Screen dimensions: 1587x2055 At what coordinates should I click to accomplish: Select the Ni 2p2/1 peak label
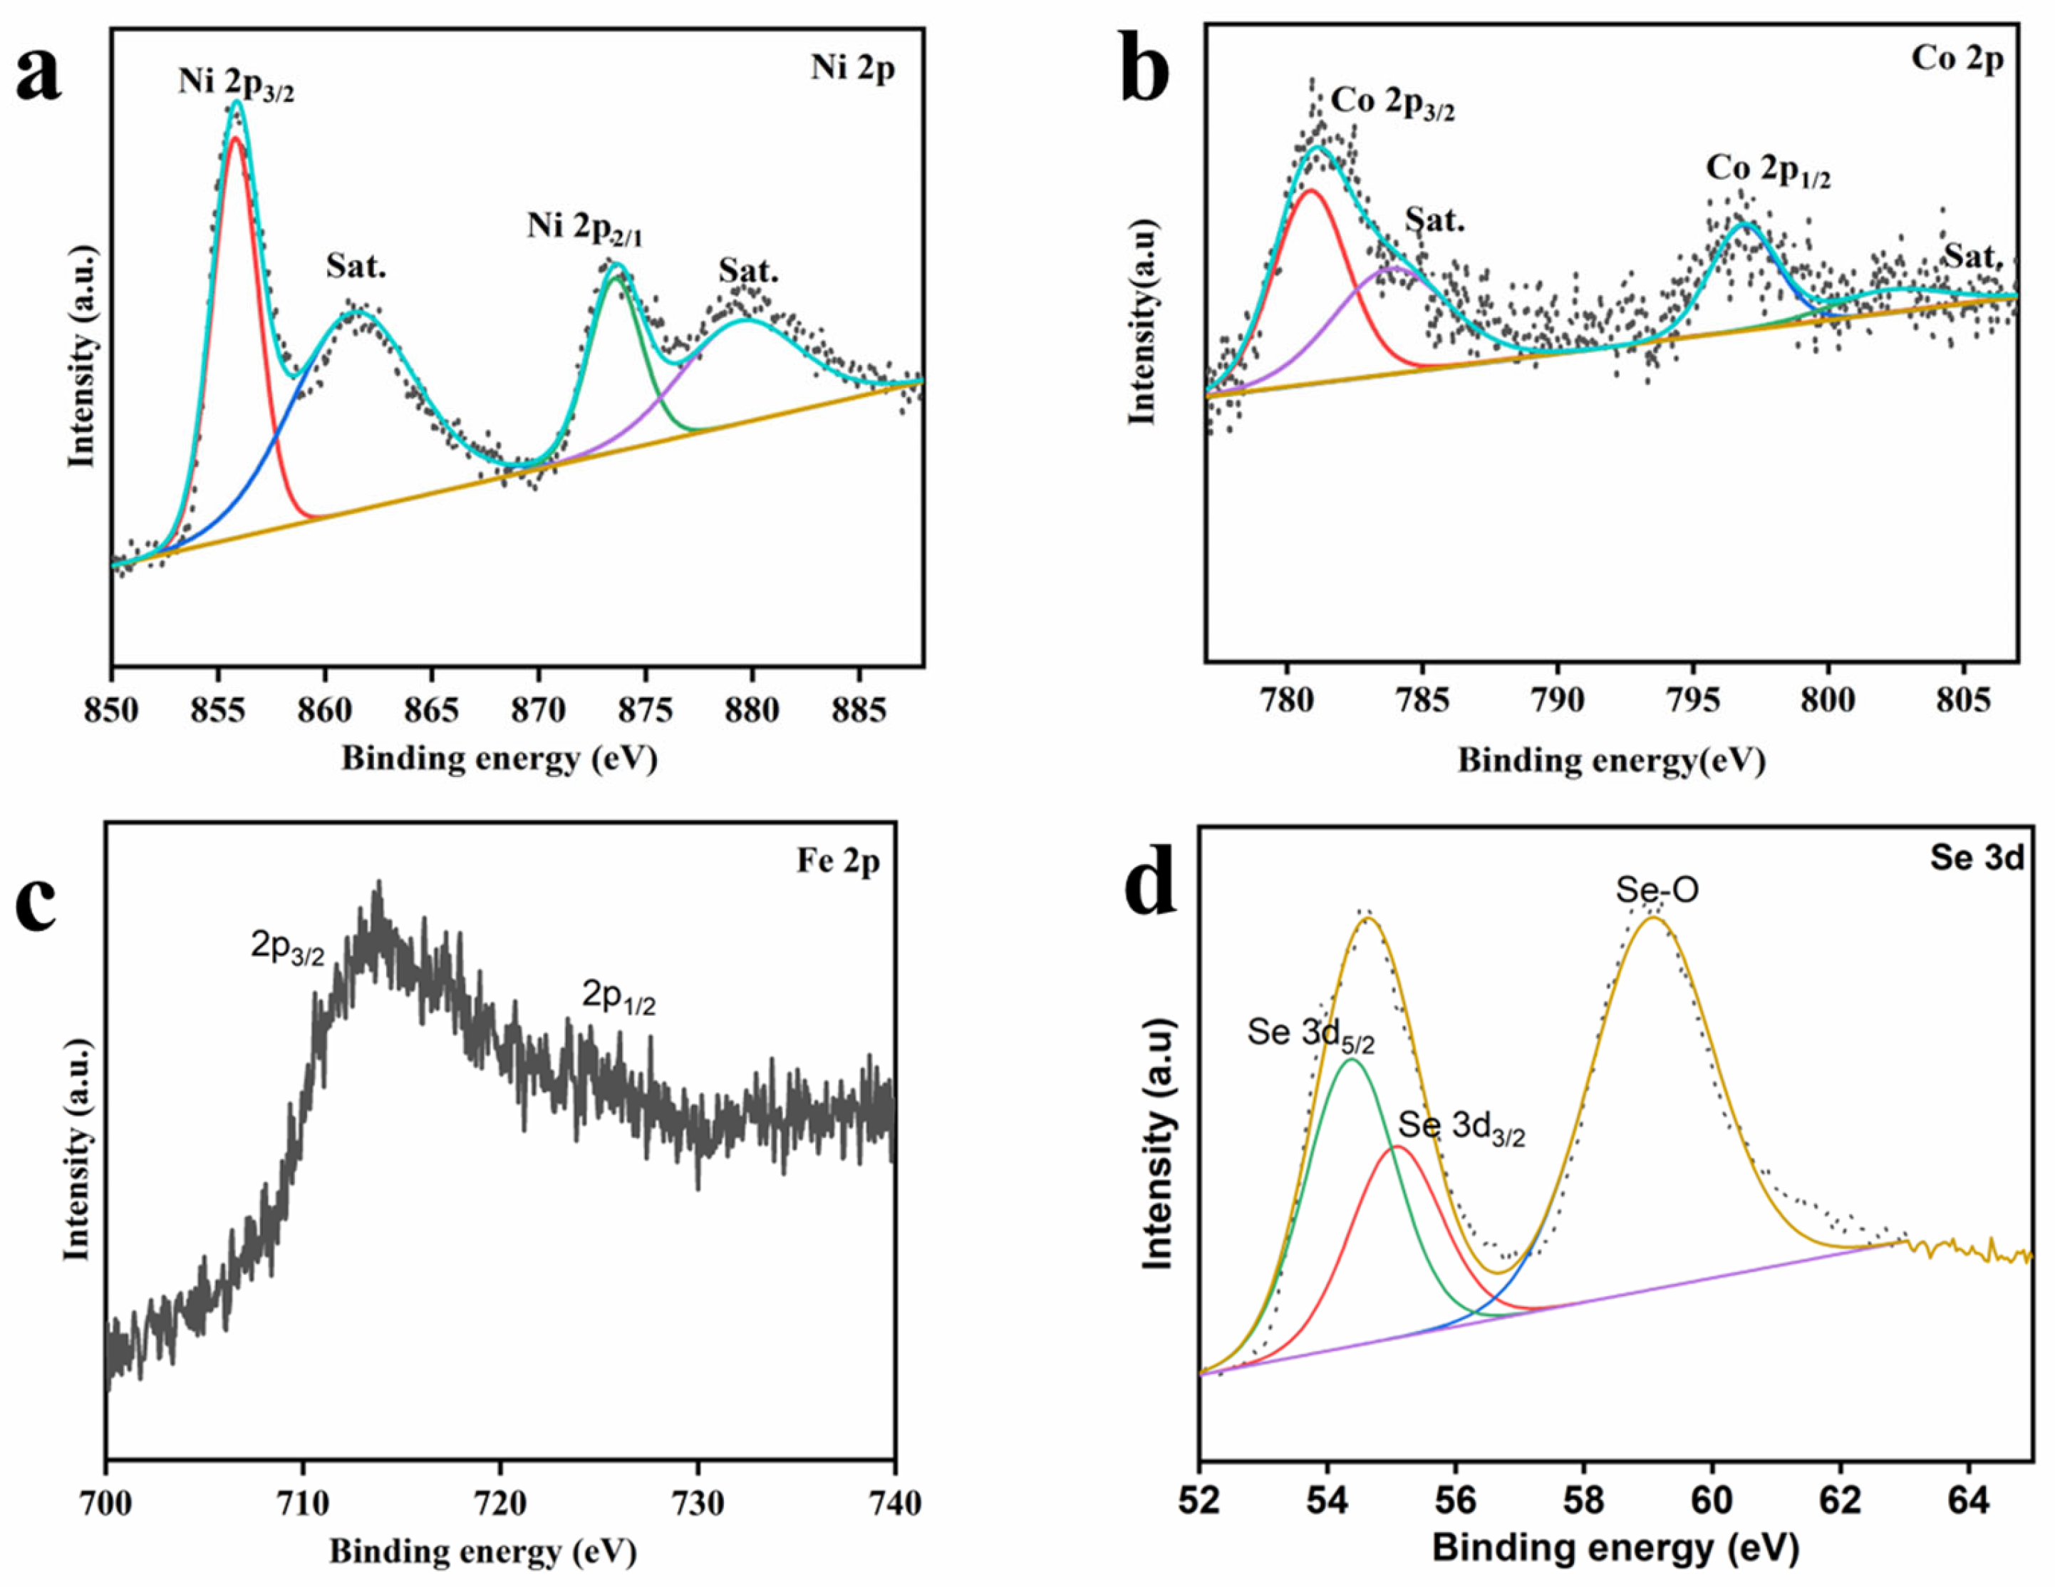tap(584, 229)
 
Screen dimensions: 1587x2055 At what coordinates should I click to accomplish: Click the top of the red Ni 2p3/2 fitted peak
tap(235, 138)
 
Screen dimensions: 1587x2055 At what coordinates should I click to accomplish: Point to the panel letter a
tap(39, 76)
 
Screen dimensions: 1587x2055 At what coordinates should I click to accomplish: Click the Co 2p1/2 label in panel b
tap(1768, 170)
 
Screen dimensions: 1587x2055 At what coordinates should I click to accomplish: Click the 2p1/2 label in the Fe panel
tap(618, 997)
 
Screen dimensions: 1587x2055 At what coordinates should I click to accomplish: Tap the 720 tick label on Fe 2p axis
tap(501, 1502)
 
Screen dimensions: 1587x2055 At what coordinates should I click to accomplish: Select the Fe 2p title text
tap(837, 861)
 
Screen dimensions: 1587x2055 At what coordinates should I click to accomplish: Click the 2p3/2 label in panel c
tap(287, 946)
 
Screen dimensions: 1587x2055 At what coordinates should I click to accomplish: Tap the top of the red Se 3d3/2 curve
tap(1397, 1147)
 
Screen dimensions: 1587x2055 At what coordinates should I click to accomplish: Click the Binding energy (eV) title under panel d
tap(1615, 1549)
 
